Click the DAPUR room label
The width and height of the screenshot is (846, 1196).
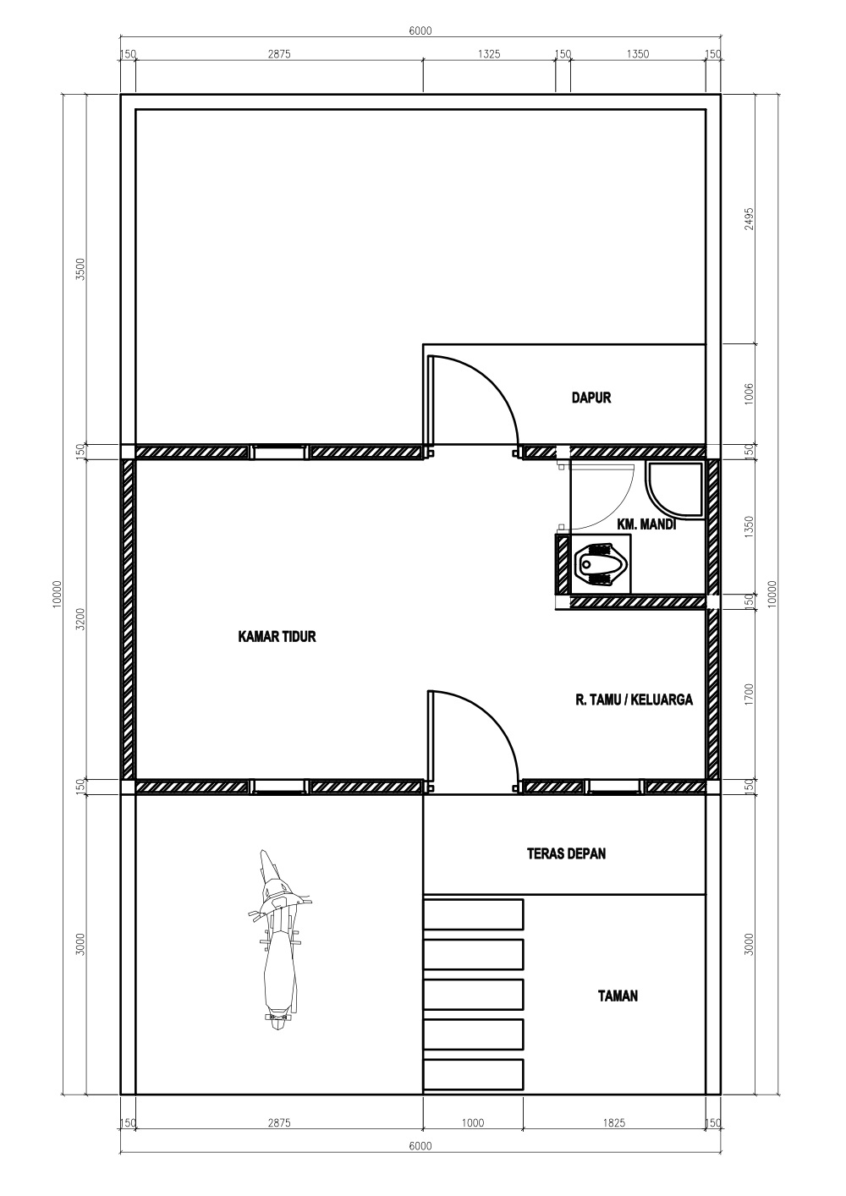click(x=591, y=398)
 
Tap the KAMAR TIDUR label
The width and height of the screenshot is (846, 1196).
click(x=277, y=636)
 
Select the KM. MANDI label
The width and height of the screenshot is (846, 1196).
click(x=646, y=525)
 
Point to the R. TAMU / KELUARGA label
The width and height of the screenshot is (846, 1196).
click(x=634, y=699)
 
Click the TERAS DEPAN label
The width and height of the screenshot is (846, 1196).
click(x=566, y=853)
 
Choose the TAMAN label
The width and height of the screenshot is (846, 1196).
click(x=618, y=996)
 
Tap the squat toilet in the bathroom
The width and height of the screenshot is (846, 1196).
click(x=601, y=564)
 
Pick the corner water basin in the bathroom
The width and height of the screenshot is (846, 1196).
click(x=674, y=490)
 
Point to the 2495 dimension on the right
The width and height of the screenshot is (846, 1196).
click(x=750, y=218)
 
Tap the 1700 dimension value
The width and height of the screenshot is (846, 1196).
click(x=750, y=694)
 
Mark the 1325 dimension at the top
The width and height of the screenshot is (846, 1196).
click(x=489, y=54)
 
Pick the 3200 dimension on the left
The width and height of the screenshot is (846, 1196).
click(x=80, y=619)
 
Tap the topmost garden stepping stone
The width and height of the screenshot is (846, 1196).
click(x=473, y=914)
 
